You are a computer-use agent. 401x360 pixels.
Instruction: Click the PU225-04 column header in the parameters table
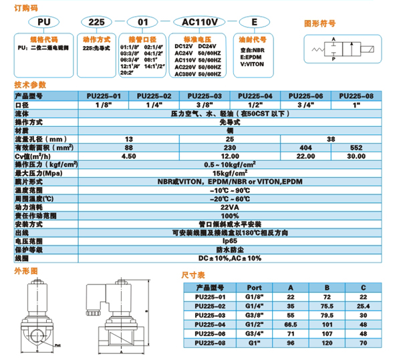pos(255,97)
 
